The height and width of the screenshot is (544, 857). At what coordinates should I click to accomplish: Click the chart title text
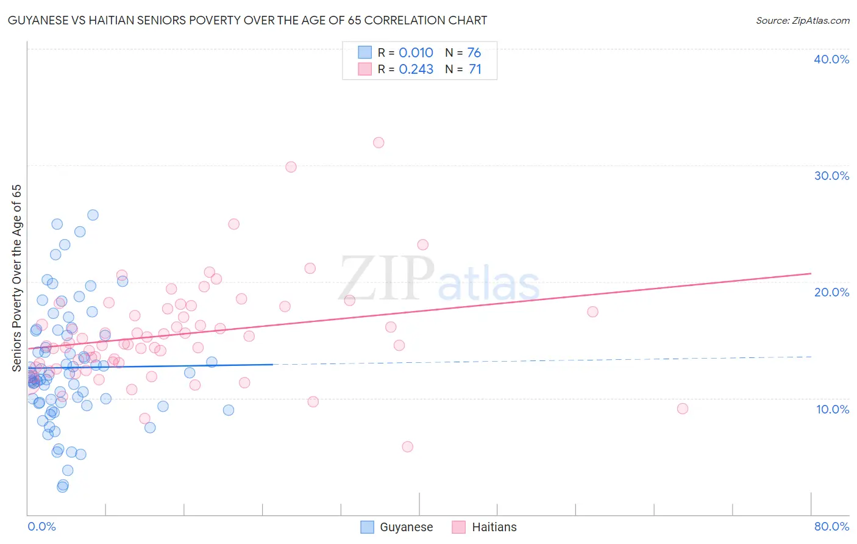(247, 20)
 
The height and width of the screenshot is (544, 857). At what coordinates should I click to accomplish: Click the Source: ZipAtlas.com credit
(802, 20)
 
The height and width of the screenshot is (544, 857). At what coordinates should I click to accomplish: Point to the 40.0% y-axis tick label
(831, 59)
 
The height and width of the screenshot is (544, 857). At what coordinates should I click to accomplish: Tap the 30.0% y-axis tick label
(831, 176)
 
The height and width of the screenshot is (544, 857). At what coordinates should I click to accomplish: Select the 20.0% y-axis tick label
(831, 292)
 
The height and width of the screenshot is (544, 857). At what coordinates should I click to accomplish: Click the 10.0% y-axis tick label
(832, 409)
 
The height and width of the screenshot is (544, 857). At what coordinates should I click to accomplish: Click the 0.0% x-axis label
(41, 526)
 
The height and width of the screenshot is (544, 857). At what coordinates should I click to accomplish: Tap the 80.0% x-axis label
(831, 526)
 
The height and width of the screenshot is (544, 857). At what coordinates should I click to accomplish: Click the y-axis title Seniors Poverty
(16, 277)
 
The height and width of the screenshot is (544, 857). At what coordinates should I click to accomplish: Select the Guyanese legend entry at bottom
(397, 527)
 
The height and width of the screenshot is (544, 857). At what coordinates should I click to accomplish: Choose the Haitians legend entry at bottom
(485, 527)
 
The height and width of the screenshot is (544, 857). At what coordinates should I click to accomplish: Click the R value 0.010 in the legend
(416, 52)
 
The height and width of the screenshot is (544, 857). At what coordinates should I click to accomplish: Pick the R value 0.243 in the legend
(416, 70)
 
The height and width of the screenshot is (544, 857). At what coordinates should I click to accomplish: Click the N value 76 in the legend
(474, 52)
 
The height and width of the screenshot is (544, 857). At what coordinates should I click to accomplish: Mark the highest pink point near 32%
(379, 143)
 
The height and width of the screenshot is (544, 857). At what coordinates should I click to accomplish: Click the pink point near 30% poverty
(291, 167)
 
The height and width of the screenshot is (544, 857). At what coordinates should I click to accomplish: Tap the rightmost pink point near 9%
(683, 409)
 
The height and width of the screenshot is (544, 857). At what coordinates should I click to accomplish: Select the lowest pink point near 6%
(408, 446)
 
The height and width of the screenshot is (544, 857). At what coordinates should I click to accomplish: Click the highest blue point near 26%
(93, 215)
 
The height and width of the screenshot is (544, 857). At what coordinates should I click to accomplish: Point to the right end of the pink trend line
(811, 274)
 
